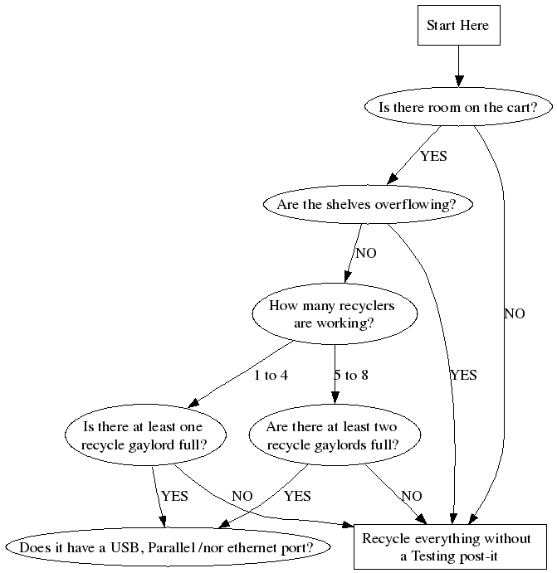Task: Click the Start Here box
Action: click(x=457, y=26)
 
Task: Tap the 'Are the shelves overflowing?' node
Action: click(x=367, y=204)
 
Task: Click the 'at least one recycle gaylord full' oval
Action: click(x=145, y=436)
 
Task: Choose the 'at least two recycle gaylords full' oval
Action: click(x=333, y=436)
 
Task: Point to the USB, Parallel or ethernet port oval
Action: click(x=166, y=548)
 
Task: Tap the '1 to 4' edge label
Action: click(x=271, y=376)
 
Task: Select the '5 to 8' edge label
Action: click(x=351, y=376)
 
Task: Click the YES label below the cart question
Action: click(x=433, y=156)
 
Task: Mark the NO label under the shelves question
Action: click(x=366, y=253)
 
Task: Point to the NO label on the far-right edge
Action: click(x=515, y=313)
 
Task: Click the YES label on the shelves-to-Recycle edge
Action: click(x=463, y=376)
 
